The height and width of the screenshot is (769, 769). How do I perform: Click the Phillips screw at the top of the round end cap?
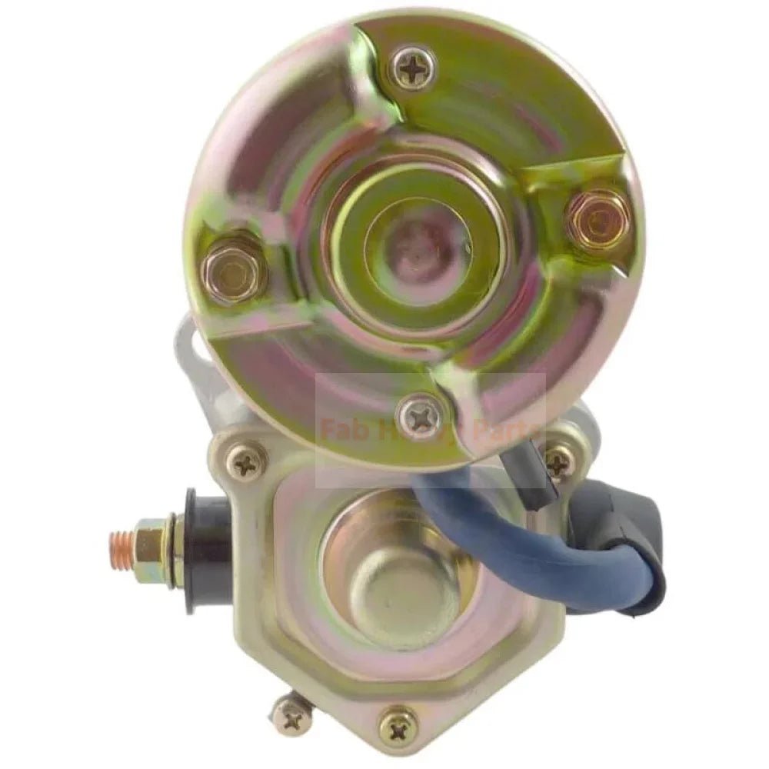click(x=413, y=70)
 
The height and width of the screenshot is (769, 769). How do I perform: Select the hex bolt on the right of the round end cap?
click(x=594, y=218)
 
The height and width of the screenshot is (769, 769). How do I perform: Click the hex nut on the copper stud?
click(x=155, y=544)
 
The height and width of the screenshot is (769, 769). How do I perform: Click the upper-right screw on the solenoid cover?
click(x=559, y=460)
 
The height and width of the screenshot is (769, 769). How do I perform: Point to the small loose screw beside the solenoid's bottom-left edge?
click(x=291, y=717)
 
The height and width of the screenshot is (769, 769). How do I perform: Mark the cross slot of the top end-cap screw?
click(x=413, y=70)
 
